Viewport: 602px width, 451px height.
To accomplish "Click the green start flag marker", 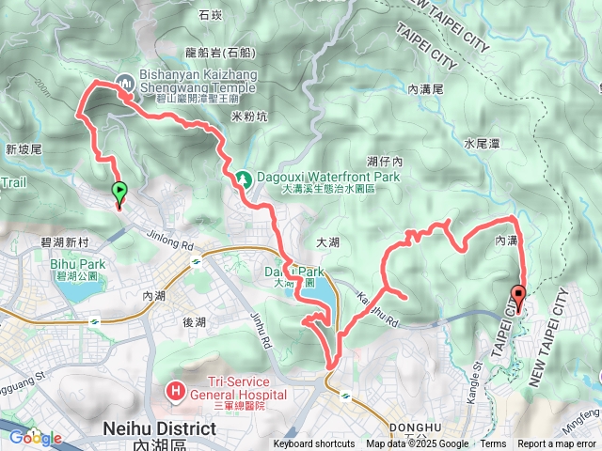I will pos(119,192).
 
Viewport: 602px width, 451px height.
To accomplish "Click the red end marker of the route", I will pos(517,295).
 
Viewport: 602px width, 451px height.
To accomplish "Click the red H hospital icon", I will pos(175,388).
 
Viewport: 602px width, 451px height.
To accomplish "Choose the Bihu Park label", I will pos(71,265).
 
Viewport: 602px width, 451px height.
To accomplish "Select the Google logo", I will pos(34,437).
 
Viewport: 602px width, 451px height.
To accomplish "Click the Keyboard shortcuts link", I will pos(314,444).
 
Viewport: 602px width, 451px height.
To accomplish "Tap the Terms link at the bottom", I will pos(493,444).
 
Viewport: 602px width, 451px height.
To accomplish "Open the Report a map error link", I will pos(557,444).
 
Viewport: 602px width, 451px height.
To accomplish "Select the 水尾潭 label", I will pos(481,144).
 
